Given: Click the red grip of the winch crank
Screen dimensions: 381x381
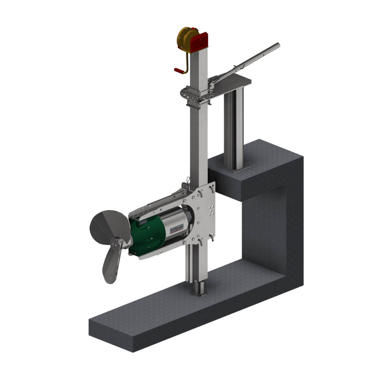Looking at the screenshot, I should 179,71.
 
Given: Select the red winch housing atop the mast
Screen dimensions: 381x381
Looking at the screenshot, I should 199,42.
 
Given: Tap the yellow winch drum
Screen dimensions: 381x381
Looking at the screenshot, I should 185,40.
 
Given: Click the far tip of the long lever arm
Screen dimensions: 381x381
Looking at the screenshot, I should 278,44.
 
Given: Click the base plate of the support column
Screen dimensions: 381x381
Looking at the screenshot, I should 235,168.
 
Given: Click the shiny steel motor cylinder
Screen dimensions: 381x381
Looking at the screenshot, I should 176,222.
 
